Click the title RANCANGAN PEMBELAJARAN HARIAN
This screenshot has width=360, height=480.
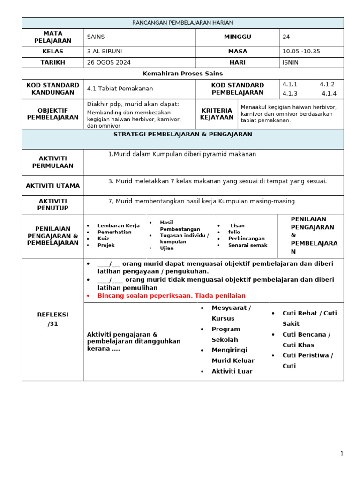tap(183, 22)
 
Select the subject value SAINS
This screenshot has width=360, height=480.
tap(96, 37)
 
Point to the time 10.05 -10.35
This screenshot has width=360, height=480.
tap(301, 52)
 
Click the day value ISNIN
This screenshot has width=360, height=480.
tap(291, 62)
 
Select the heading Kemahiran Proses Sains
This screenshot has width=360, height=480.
tap(183, 74)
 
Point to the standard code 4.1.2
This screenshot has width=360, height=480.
tap(327, 84)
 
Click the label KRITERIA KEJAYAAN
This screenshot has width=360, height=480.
tap(217, 114)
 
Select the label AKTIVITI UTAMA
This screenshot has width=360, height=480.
tap(52, 186)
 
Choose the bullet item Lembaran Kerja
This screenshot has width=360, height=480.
tap(118, 225)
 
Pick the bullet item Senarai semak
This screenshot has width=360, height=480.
tap(247, 245)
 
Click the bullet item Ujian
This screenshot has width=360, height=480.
tap(166, 248)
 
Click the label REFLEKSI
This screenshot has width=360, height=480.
tap(52, 315)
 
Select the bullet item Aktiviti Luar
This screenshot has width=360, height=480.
tap(232, 371)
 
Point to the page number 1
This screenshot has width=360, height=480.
tap(342, 453)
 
